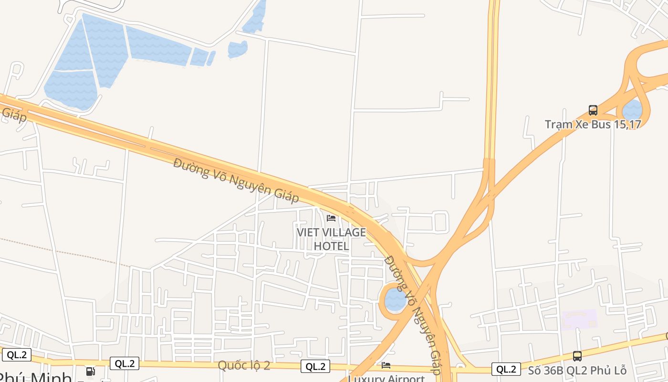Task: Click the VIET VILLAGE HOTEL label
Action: [x=331, y=239]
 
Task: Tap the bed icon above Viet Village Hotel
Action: [x=331, y=218]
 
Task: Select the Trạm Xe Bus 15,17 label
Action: [x=593, y=124]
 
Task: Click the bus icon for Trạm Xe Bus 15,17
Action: [x=593, y=110]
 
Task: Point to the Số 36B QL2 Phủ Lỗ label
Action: [x=577, y=370]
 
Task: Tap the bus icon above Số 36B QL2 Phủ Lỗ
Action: [x=577, y=356]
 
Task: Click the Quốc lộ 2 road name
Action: [x=244, y=365]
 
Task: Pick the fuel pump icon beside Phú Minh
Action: [x=90, y=371]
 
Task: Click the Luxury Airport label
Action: [x=386, y=378]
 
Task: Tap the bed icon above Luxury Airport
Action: [x=386, y=365]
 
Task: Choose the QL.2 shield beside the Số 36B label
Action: [x=506, y=369]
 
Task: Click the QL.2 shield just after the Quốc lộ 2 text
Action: [x=315, y=366]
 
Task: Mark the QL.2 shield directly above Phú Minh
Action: [x=17, y=355]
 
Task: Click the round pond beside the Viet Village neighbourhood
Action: [x=395, y=299]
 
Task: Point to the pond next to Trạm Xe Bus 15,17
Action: [x=632, y=110]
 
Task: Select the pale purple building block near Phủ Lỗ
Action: [x=579, y=319]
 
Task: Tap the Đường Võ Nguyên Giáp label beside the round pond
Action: [x=413, y=316]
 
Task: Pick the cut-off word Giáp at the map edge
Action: [x=13, y=113]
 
